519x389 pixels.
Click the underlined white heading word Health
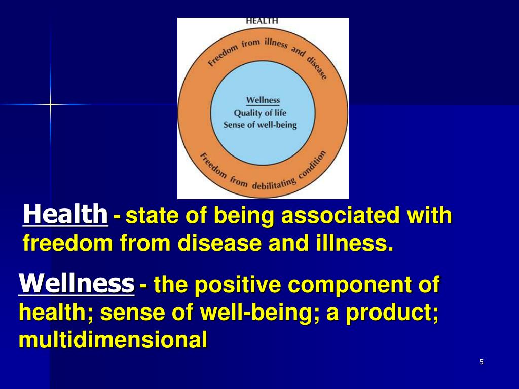point(65,214)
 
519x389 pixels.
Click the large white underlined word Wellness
point(77,282)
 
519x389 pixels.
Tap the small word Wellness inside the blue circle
point(263,100)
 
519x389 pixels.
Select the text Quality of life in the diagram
point(260,113)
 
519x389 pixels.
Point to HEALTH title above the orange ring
point(262,21)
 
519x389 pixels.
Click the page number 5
point(481,362)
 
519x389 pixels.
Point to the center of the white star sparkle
point(50,104)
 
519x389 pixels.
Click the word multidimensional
point(113,340)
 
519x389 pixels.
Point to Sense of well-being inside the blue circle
point(260,125)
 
